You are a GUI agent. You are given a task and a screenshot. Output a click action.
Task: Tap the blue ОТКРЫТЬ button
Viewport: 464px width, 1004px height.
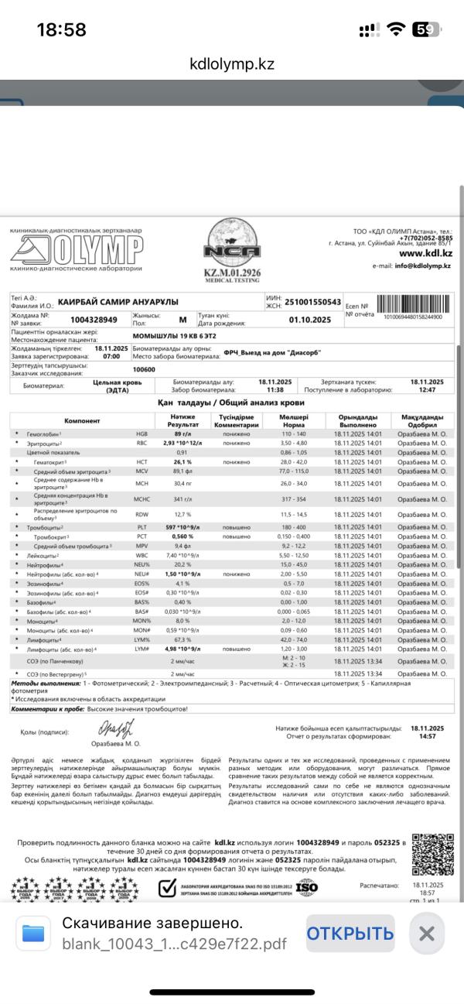(x=350, y=933)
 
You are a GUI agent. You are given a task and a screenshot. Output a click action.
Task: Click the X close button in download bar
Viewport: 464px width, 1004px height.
(x=426, y=933)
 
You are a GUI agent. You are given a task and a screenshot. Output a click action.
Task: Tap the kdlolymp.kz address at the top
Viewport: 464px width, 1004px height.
(x=232, y=64)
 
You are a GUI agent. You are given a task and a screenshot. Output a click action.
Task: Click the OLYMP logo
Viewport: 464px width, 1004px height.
(x=77, y=248)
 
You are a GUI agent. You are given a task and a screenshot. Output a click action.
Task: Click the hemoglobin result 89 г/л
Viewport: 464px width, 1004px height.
(x=183, y=434)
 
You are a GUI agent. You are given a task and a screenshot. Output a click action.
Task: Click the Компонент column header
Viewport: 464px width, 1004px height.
(x=82, y=420)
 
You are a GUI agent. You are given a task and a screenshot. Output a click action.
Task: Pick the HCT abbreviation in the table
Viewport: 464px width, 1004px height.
(x=142, y=461)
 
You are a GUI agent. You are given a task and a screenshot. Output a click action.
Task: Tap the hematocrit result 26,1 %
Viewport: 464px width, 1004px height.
(x=183, y=461)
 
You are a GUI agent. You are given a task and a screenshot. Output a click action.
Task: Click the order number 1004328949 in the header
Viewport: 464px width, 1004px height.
(x=94, y=319)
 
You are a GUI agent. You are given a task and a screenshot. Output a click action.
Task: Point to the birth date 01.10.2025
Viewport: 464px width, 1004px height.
(x=309, y=319)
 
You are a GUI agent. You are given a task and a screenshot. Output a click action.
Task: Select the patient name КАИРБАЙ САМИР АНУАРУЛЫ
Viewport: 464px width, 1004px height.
(x=118, y=301)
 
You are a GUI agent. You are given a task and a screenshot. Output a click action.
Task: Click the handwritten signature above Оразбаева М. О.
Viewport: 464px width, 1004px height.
(x=115, y=728)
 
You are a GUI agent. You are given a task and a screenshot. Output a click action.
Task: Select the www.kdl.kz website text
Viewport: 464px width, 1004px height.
(x=425, y=253)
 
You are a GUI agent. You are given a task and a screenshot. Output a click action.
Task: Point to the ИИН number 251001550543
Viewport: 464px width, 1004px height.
(x=313, y=301)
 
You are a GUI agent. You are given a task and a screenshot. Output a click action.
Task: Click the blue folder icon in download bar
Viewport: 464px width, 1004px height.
(x=34, y=933)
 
